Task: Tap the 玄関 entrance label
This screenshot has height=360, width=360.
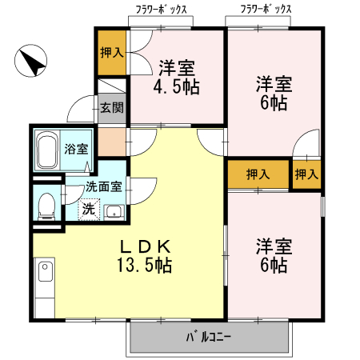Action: pos(110,107)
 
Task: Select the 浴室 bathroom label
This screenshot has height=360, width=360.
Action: pos(76,149)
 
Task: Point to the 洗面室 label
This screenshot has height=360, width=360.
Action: pos(103,186)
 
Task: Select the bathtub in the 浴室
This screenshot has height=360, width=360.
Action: pos(46,150)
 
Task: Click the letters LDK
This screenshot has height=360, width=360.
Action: pos(145,245)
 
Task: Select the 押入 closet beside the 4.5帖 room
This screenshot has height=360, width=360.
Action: pos(111,53)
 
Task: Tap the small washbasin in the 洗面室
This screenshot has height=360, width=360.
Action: pos(114,212)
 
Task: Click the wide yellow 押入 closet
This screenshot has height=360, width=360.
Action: pos(257,174)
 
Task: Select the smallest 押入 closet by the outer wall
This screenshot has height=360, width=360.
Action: pos(306,174)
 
